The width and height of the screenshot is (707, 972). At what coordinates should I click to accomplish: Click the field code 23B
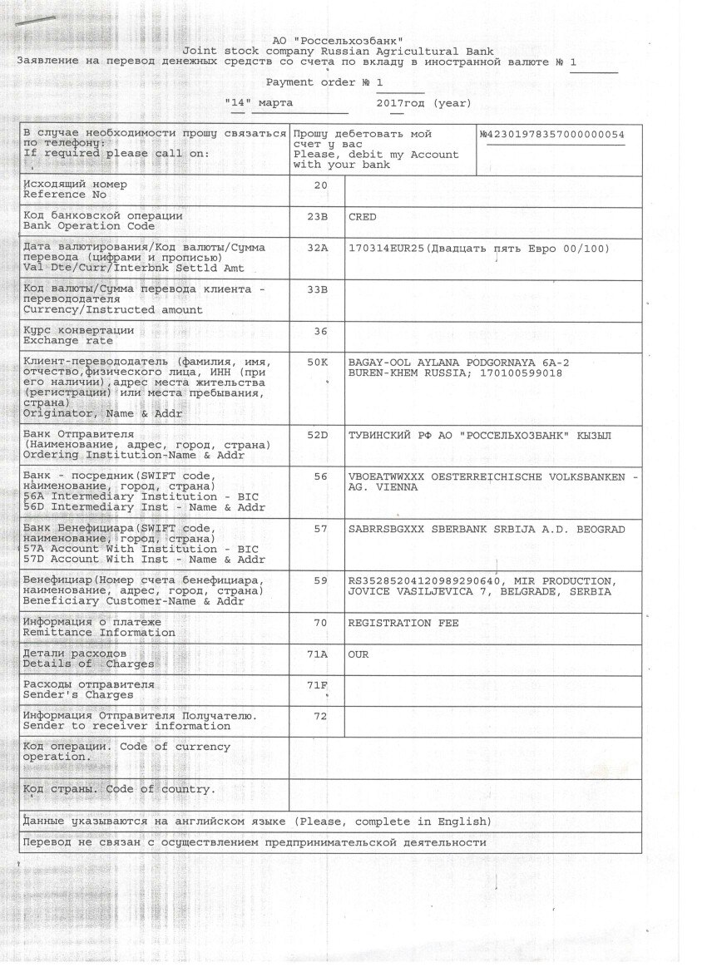coord(320,216)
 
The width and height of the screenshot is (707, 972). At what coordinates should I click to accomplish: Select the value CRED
coord(363,217)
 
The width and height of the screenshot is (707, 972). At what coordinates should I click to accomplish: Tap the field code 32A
coord(320,248)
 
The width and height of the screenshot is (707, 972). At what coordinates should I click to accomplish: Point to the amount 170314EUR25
coord(386,249)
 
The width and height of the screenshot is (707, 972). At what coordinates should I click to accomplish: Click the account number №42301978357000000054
coord(551,135)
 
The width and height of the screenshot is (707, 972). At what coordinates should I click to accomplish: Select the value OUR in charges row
coord(358,654)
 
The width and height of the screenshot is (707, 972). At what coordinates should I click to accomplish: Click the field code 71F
coord(320,685)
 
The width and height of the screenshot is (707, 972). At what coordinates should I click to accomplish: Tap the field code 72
coord(320,716)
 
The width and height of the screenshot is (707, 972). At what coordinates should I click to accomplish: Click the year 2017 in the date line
coord(389,103)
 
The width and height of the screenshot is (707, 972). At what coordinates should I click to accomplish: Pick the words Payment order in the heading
coord(302,81)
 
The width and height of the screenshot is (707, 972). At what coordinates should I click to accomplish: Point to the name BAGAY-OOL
coord(378,363)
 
